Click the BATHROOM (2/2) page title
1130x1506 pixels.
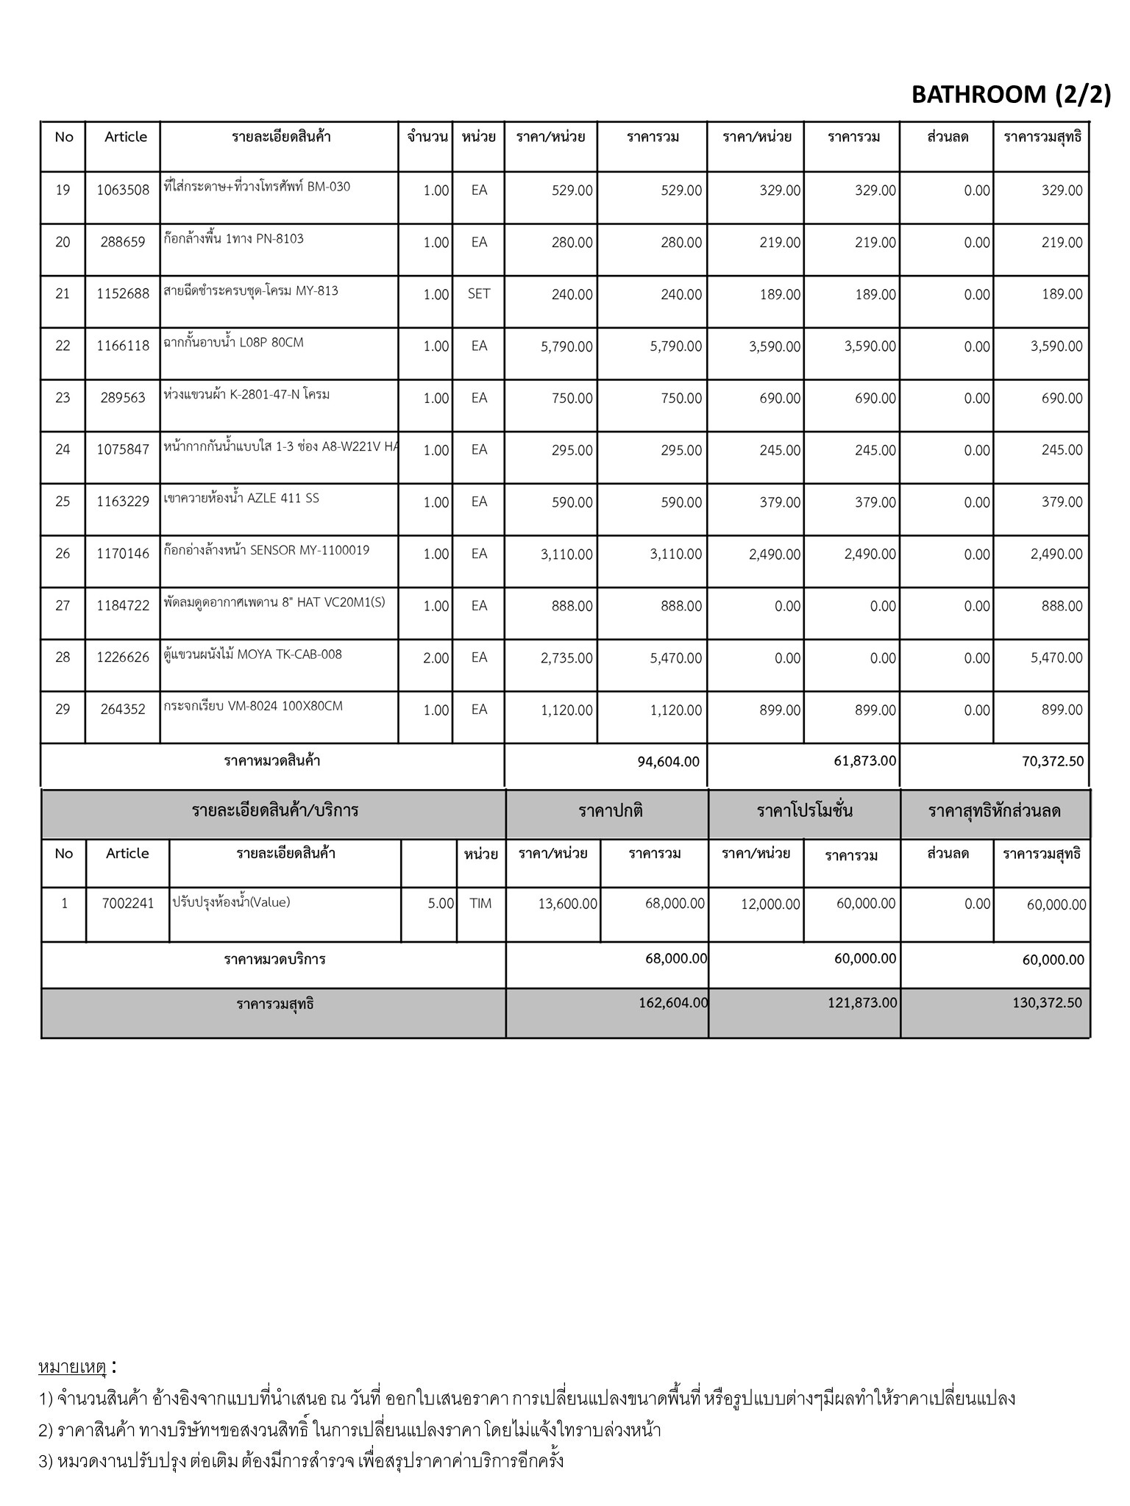[1011, 94]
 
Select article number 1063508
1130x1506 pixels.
[123, 190]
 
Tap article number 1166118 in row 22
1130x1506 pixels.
[123, 346]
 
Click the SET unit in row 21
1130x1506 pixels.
[479, 293]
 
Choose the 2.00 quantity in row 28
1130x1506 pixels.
[436, 658]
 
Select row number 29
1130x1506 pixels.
[63, 709]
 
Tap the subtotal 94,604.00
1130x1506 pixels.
[668, 762]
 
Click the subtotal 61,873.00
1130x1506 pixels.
[865, 760]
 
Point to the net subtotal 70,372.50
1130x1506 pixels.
[1053, 762]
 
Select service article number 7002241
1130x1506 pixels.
[128, 903]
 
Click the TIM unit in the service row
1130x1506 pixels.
[480, 903]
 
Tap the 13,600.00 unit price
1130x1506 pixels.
[567, 904]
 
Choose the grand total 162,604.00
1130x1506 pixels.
[673, 1002]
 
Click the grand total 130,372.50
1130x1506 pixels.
[1048, 1002]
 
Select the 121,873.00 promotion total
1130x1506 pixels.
[862, 1002]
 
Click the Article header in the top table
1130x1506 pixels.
[126, 137]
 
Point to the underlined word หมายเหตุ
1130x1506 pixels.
[72, 1367]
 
